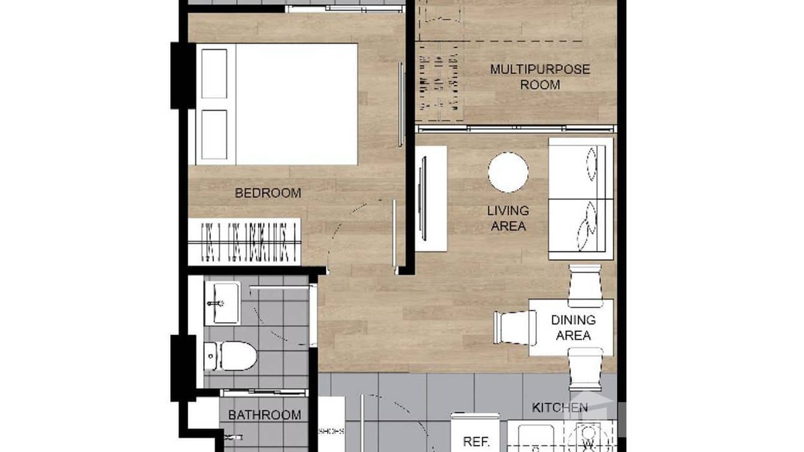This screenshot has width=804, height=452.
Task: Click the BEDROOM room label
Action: pyautogui.click(x=267, y=193)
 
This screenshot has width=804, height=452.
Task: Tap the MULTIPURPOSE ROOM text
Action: pyautogui.click(x=540, y=77)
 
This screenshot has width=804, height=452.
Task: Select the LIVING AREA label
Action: pyautogui.click(x=507, y=218)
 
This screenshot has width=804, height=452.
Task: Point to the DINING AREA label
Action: pyautogui.click(x=573, y=327)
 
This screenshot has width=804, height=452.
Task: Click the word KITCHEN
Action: pyautogui.click(x=560, y=408)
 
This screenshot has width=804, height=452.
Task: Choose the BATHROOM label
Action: pyautogui.click(x=264, y=415)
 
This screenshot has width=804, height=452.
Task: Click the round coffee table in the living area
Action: pyautogui.click(x=508, y=172)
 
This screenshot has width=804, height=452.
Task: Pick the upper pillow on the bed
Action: pyautogui.click(x=214, y=74)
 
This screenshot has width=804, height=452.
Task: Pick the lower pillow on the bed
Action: pyautogui.click(x=214, y=134)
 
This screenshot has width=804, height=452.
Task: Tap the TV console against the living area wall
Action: pyautogui.click(x=430, y=198)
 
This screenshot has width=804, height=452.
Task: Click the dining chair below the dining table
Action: pyautogui.click(x=585, y=369)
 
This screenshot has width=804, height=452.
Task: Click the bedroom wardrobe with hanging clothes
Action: pyautogui.click(x=244, y=242)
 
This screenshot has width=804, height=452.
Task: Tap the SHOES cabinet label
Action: pyautogui.click(x=331, y=430)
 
